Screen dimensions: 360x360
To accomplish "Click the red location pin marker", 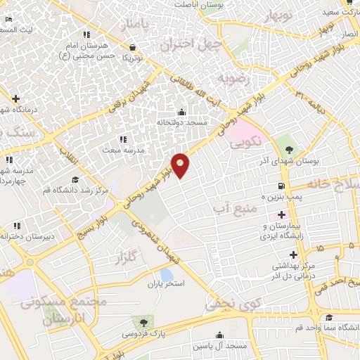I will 181,165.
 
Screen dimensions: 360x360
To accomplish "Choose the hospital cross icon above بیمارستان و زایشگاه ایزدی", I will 282,214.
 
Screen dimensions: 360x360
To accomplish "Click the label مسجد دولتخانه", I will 181,122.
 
